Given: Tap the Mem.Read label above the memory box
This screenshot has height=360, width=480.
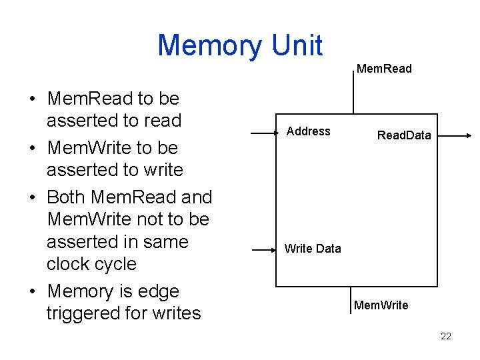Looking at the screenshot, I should (384, 69).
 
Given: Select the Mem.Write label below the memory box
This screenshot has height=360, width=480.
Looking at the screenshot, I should (381, 305).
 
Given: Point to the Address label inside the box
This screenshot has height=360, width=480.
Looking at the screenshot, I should (308, 131).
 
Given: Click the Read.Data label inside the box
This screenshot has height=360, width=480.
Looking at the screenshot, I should (404, 135).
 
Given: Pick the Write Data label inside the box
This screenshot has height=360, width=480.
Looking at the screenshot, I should (312, 249).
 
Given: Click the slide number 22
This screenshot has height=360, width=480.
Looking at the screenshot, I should (446, 336).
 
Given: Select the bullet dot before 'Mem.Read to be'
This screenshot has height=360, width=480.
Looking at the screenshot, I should (32, 99).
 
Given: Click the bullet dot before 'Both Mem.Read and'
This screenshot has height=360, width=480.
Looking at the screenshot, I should (32, 198).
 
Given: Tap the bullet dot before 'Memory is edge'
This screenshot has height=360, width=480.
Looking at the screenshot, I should (32, 292).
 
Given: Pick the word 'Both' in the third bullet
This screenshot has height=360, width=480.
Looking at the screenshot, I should (67, 197).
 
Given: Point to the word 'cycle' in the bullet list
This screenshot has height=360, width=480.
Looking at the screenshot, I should (114, 264).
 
